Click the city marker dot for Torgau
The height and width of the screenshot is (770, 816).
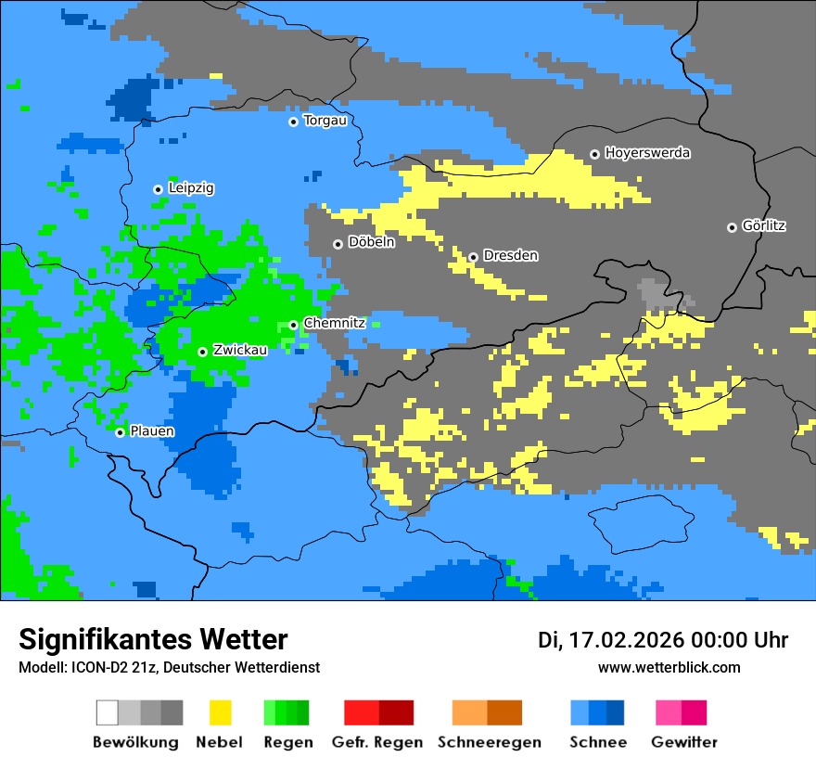(293, 122)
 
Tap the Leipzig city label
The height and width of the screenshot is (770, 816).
(191, 188)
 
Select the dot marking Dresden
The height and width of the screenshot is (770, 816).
(473, 257)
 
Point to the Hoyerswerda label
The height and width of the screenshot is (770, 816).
(647, 153)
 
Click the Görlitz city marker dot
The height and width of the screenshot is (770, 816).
(732, 227)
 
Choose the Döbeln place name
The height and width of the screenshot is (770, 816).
(371, 242)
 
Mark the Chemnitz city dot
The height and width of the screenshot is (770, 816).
(293, 325)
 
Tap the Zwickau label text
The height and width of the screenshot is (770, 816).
(240, 350)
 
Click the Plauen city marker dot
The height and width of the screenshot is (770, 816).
(120, 432)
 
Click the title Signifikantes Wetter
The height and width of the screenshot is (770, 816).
(153, 639)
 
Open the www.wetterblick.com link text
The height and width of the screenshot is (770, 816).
(669, 667)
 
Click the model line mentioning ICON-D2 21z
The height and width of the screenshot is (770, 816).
(169, 667)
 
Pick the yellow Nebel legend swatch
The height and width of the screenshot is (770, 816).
(220, 712)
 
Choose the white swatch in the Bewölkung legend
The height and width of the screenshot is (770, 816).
(108, 712)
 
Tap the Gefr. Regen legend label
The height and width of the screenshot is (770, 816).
(377, 742)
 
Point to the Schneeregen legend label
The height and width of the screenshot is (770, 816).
(489, 742)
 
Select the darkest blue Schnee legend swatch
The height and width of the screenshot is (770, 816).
(615, 712)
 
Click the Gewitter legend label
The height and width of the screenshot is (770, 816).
(683, 742)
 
